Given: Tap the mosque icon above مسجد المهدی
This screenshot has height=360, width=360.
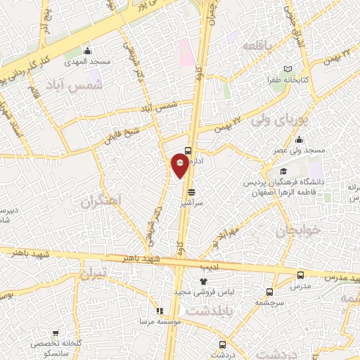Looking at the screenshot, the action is pyautogui.click(x=87, y=51).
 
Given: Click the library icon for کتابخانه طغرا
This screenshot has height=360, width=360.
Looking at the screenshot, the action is pyautogui.click(x=286, y=70).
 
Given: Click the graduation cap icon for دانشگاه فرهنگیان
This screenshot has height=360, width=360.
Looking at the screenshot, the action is pyautogui.click(x=283, y=171).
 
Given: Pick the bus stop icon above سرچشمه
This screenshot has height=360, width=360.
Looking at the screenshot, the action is pyautogui.click(x=269, y=292).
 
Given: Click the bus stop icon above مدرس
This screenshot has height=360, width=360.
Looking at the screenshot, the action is pyautogui.click(x=301, y=275).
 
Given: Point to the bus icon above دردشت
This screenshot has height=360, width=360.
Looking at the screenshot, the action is pyautogui.click(x=222, y=345).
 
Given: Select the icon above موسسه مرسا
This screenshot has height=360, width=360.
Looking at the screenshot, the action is pyautogui.click(x=160, y=310).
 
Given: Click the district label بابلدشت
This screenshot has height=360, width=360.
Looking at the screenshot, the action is pyautogui.click(x=208, y=309).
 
